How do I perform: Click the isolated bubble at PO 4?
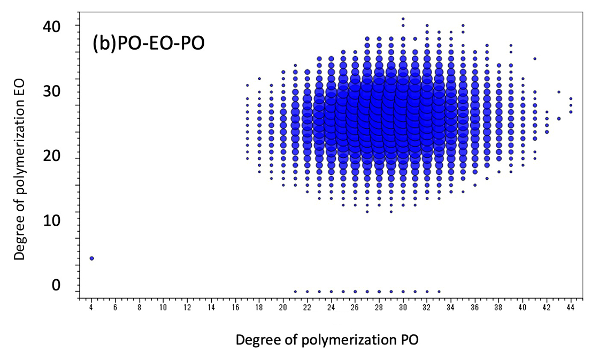pos(91,258)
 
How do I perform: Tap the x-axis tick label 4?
pos(91,308)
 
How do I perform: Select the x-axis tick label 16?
pos(235,308)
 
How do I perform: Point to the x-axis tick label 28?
pos(379,308)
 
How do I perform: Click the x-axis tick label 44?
pos(571,308)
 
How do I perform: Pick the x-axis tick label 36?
pos(475,308)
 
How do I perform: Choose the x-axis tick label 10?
pos(163,308)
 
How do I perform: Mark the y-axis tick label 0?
pos(56,285)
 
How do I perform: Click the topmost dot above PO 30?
pos(403,19)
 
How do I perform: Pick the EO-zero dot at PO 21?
pos(295,292)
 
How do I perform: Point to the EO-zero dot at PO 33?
pos(439,292)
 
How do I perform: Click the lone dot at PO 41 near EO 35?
pos(535,58)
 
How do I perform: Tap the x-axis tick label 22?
pos(307,308)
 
